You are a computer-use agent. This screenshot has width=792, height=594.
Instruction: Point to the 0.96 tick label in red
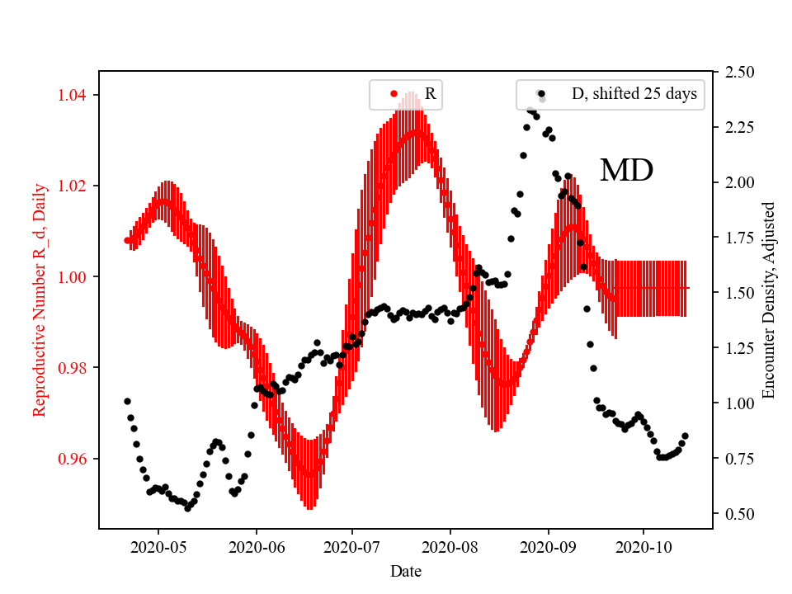tap(74, 459)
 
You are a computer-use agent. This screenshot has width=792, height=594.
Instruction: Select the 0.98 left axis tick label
tap(74, 368)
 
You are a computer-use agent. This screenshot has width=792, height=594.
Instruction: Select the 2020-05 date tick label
tap(158, 546)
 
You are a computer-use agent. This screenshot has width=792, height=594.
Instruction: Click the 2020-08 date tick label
tap(450, 546)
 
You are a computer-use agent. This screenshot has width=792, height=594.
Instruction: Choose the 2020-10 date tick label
tap(644, 546)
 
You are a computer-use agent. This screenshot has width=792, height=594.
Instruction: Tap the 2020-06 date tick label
tap(256, 546)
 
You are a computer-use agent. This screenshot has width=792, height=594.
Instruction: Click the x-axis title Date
tap(406, 570)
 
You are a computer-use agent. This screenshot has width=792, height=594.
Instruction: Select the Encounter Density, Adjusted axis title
tap(769, 299)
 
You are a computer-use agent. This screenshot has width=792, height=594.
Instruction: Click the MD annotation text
tap(626, 171)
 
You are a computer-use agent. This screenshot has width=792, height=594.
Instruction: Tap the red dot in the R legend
tap(394, 94)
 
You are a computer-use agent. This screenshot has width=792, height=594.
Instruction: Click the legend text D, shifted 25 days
tap(634, 94)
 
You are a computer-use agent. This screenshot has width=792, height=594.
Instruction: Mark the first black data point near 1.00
tap(127, 401)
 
